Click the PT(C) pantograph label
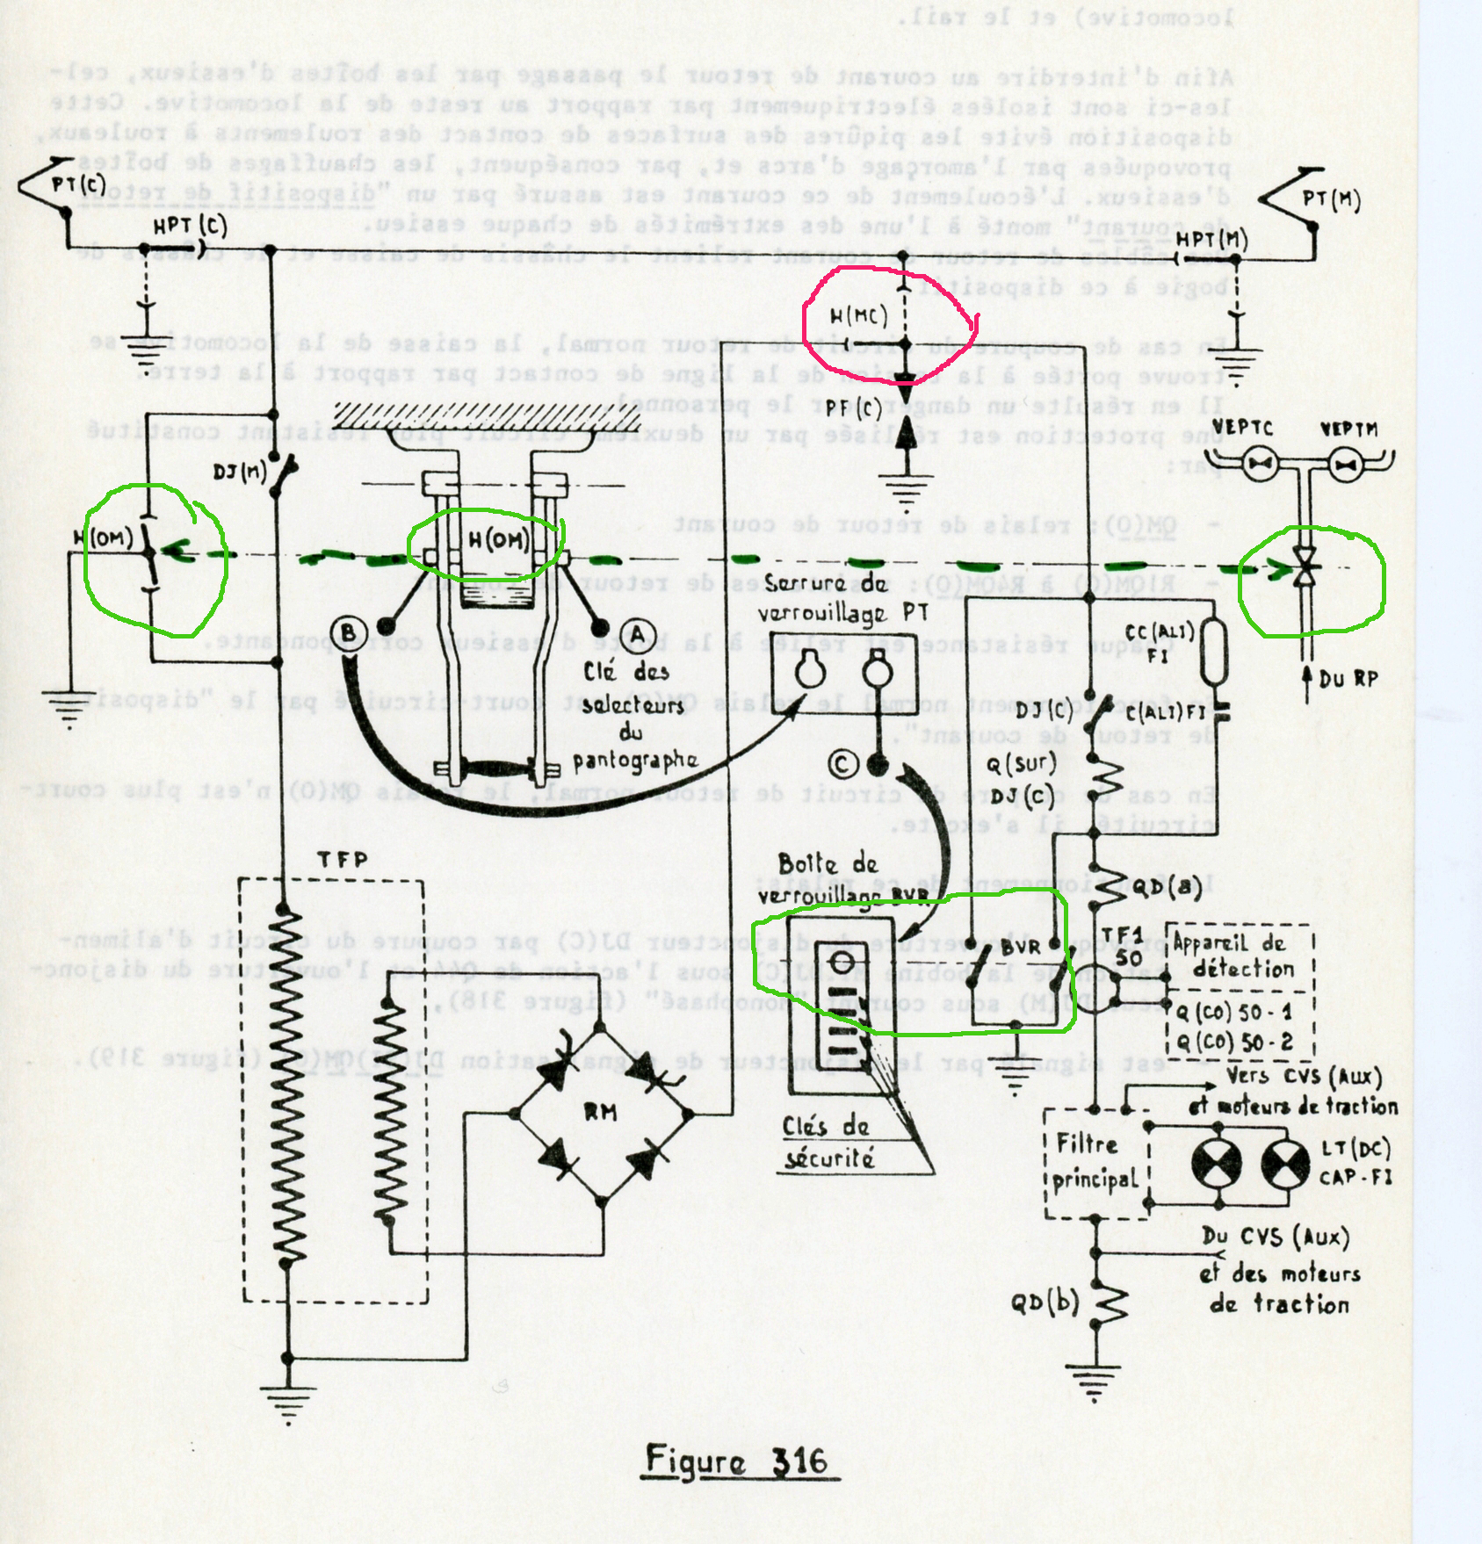[x=77, y=185]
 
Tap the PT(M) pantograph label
[x=1331, y=199]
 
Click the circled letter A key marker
[x=637, y=634]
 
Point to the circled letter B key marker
[x=349, y=632]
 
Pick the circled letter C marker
[x=843, y=765]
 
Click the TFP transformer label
[x=342, y=860]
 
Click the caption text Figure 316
[x=736, y=1460]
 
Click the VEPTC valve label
[x=1242, y=429]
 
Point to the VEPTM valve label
[x=1348, y=429]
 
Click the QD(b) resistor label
[x=1044, y=1302]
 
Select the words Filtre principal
[x=1095, y=1161]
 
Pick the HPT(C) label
[x=190, y=226]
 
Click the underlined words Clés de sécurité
[x=827, y=1143]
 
